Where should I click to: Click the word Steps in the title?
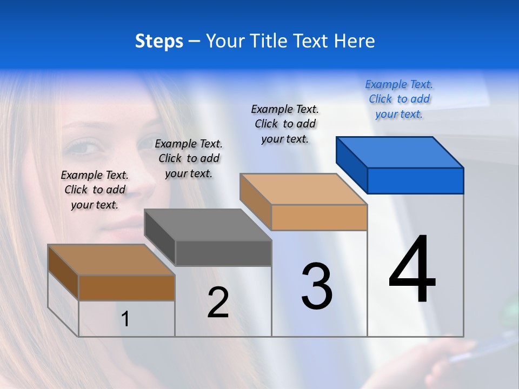[x=159, y=41]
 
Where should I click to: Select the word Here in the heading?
[x=354, y=41]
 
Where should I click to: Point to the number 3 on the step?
[x=317, y=286]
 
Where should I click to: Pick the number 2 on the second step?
[x=218, y=303]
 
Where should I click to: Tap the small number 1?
[x=125, y=319]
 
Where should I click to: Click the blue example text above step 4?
[x=399, y=99]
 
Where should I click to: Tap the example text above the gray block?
[x=189, y=159]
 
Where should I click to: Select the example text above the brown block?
[x=95, y=190]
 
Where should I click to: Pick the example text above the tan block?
[x=285, y=124]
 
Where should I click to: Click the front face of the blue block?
[x=415, y=180]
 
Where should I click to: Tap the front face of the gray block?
[x=223, y=253]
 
